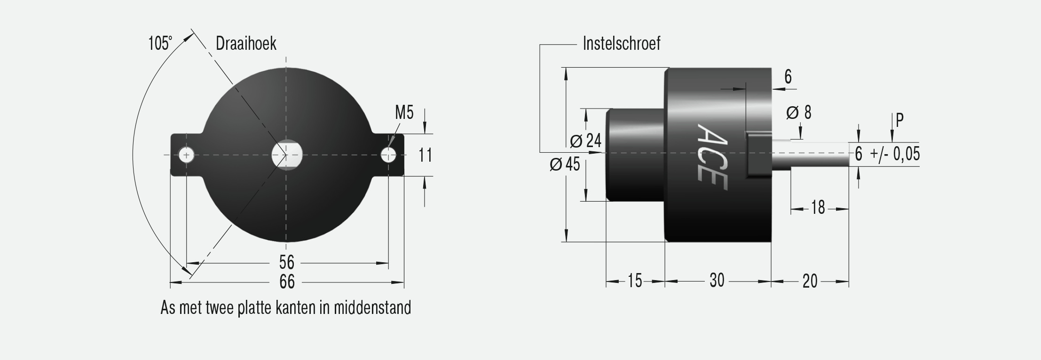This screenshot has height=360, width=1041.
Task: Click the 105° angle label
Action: pos(160,44)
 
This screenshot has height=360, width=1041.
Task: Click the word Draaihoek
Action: pos(246,44)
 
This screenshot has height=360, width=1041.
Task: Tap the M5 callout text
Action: pos(404,113)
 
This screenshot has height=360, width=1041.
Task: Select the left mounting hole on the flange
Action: pos(187,155)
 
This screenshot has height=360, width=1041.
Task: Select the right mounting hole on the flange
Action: pos(388,155)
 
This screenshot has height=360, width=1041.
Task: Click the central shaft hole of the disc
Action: pos(287,154)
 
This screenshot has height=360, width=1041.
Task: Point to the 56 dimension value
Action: pos(286,262)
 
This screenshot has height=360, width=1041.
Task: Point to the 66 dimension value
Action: pos(287,282)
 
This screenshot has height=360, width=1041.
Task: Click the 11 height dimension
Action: pos(426,155)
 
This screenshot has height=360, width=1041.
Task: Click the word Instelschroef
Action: pos(621,44)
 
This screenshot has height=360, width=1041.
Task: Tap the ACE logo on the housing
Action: pos(711,157)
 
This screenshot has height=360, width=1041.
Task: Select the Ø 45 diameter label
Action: pos(565,164)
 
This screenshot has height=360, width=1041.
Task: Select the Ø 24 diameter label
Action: pos(585,141)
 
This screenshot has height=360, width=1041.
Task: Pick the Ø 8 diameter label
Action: pos(798,113)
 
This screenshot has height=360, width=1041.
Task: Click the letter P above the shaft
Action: pos(899,121)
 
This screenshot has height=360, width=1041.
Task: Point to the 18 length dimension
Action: pos(818,207)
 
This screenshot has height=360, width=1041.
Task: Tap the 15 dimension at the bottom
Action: pos(634,281)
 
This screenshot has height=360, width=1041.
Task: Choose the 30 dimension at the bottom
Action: pos(717,281)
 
